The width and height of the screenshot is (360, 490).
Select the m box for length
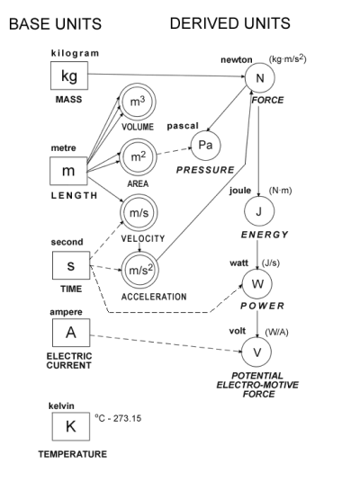pyautogui.click(x=68, y=171)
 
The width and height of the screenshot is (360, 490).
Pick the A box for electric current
pyautogui.click(x=68, y=334)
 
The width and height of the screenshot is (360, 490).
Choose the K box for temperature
pyautogui.click(x=68, y=424)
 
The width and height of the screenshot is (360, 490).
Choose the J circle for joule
pyautogui.click(x=258, y=211)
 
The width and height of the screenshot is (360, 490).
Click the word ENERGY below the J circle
pyautogui.click(x=260, y=235)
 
